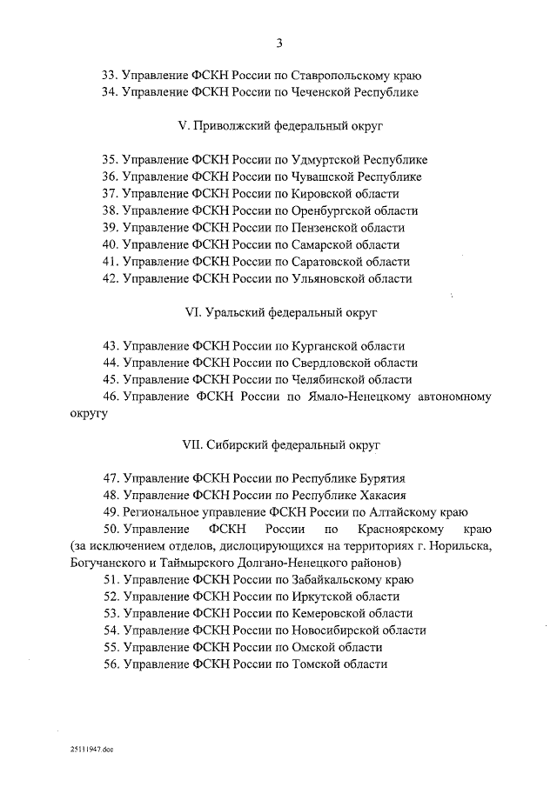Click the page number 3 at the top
point(279,43)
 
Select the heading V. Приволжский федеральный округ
point(279,125)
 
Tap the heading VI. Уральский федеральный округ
point(279,311)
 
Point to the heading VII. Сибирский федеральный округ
point(279,444)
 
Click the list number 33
point(110,75)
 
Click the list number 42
point(110,278)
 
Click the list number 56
point(110,664)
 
